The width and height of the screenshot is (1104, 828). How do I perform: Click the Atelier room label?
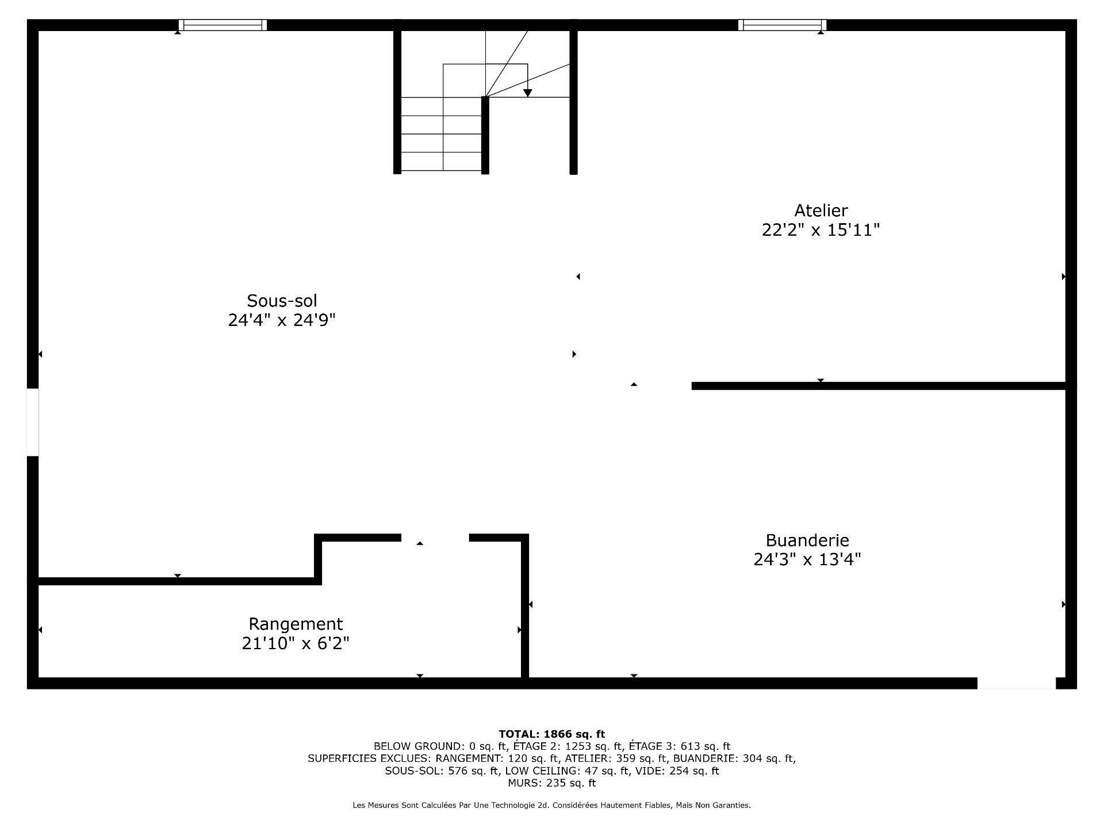coord(821,210)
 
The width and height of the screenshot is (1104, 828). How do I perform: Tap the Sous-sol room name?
coord(282,301)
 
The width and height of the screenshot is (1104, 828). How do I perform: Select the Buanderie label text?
coord(807,540)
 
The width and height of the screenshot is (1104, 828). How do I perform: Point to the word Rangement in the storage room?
coord(296,624)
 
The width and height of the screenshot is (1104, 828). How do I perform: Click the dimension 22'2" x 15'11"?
coord(821,231)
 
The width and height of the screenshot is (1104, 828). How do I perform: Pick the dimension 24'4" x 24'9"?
coord(282,320)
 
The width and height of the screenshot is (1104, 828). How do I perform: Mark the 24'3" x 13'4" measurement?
coord(807,559)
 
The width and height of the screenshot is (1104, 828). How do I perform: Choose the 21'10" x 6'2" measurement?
coord(296,643)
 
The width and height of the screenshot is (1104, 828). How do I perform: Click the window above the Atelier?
coord(782,25)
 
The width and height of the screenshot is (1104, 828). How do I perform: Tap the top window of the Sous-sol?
coord(223,25)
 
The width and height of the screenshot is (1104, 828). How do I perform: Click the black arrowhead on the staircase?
coord(527,93)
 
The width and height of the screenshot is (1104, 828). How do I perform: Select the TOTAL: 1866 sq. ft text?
coord(551,734)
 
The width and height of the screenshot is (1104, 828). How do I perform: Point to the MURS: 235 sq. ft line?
coord(551,783)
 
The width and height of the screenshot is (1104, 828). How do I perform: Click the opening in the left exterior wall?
coord(33,423)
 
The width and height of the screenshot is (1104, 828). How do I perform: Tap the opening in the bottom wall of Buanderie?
coord(1017,683)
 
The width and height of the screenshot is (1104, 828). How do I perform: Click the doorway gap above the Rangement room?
coord(435,538)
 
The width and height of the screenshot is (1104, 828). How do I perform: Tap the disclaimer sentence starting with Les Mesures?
coord(551,806)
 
